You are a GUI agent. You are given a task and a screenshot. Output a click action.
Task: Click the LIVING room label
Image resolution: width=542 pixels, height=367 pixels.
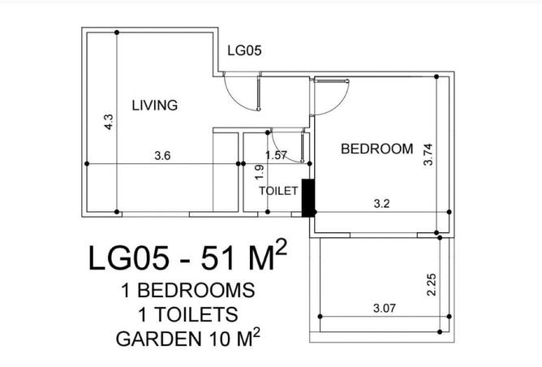[x=154, y=105]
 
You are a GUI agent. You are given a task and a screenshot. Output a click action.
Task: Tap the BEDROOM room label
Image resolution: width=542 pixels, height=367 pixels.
[x=376, y=149]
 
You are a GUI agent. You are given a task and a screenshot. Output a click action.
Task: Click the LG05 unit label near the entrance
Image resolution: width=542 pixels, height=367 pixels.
[x=243, y=50]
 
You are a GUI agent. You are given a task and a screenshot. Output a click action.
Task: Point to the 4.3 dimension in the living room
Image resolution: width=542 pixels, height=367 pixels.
[x=109, y=123]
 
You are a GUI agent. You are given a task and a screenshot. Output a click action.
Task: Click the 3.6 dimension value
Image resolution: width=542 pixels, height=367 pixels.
[x=162, y=156]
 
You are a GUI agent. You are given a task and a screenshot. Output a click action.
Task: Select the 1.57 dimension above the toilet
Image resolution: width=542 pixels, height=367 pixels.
[x=277, y=155]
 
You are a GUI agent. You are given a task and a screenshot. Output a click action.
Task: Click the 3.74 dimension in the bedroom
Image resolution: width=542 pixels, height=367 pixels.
[x=429, y=154]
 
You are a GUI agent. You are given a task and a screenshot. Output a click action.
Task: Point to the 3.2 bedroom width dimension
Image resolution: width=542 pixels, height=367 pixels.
[x=382, y=204]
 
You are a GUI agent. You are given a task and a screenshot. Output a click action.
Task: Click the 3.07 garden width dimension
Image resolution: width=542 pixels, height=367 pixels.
[x=385, y=308]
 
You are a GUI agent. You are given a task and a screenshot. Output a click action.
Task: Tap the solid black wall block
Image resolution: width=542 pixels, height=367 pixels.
[x=308, y=198]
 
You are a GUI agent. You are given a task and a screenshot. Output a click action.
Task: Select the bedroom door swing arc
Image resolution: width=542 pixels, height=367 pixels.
[x=331, y=99]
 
